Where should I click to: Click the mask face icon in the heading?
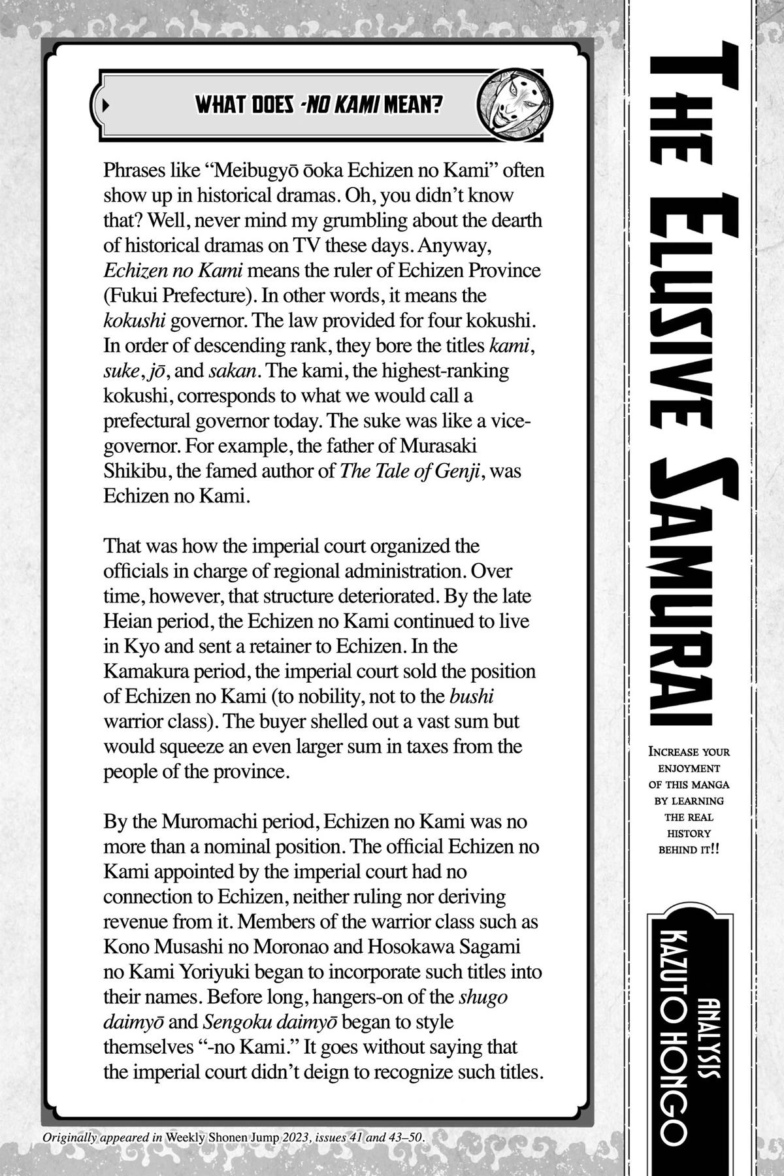(513, 105)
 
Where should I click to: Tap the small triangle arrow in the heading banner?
(106, 105)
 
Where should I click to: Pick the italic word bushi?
(472, 696)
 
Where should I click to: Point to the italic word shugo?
(483, 997)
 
